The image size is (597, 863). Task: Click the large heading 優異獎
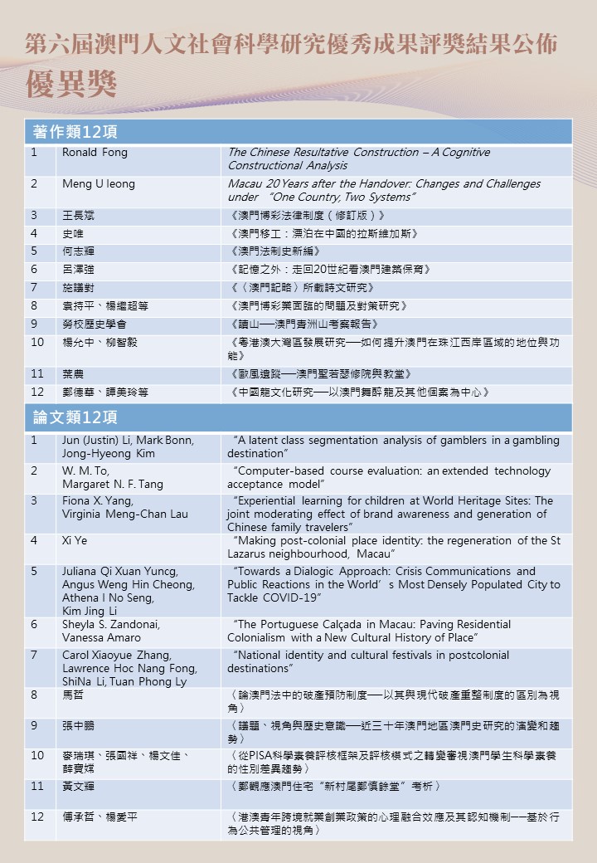point(71,84)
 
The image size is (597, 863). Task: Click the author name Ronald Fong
point(95,153)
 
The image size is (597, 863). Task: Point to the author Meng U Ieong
point(98,184)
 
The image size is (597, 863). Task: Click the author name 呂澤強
point(79,270)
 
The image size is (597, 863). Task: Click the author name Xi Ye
point(75,540)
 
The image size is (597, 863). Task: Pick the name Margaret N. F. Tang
point(113,485)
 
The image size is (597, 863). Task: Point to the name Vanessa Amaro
point(101,638)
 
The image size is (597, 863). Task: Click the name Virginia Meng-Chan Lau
point(124,514)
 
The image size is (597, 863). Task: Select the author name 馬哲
point(73,695)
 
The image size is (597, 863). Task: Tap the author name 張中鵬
point(79,725)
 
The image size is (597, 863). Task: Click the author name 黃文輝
point(79,786)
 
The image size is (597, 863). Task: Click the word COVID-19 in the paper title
point(291,598)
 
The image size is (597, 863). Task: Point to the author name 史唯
point(73,233)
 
